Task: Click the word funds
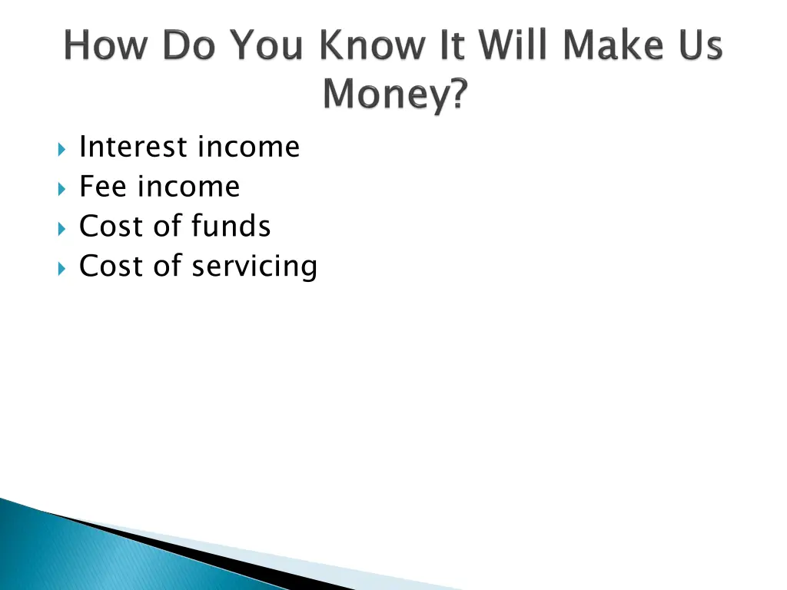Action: (x=231, y=227)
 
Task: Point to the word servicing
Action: (x=254, y=267)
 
